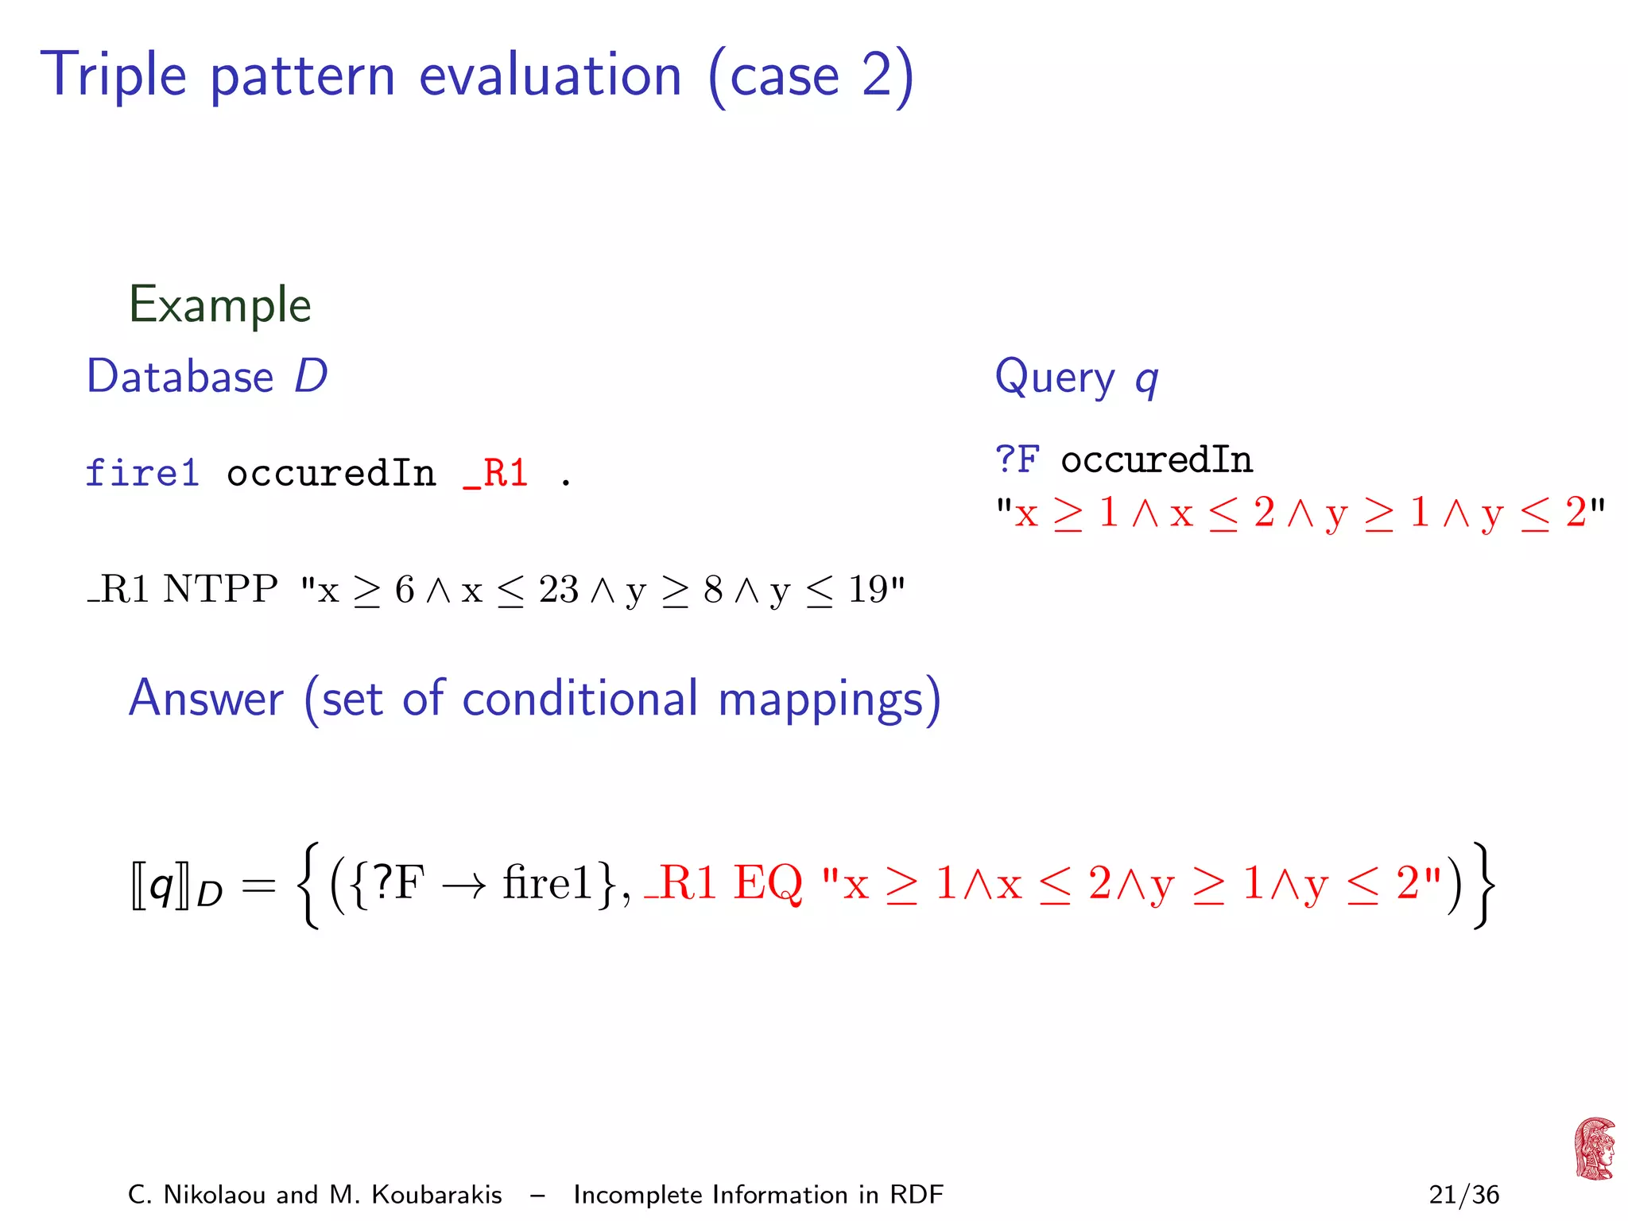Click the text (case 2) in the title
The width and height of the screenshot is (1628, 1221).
point(811,76)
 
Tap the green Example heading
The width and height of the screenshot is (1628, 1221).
point(220,304)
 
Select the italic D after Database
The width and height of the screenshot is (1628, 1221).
point(311,376)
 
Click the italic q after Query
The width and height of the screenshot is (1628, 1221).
point(1146,380)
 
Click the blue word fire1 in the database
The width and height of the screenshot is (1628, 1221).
point(142,474)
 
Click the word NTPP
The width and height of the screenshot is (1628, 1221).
point(220,590)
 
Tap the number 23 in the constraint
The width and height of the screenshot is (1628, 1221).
point(558,590)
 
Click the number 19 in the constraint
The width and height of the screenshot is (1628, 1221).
point(867,590)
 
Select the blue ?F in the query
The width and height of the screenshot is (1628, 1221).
point(1017,459)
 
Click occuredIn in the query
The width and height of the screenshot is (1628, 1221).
point(1157,459)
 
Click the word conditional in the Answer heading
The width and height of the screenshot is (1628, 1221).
point(579,699)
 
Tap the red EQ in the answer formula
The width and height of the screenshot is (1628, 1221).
point(767,883)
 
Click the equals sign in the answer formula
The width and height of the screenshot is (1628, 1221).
point(258,886)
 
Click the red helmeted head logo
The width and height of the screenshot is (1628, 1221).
point(1594,1149)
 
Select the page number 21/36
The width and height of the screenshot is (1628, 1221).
point(1463,1195)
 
